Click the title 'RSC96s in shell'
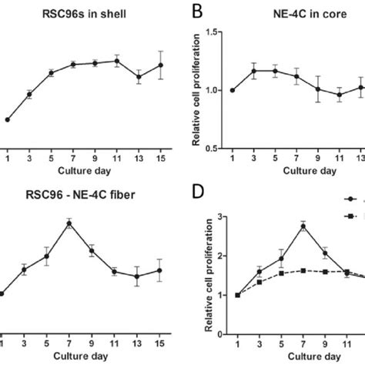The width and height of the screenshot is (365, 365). [72, 12]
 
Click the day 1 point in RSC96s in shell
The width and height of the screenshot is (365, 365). [7, 119]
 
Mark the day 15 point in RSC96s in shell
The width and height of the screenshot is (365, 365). [161, 65]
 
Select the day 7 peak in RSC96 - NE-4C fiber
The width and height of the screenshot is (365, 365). [69, 223]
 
